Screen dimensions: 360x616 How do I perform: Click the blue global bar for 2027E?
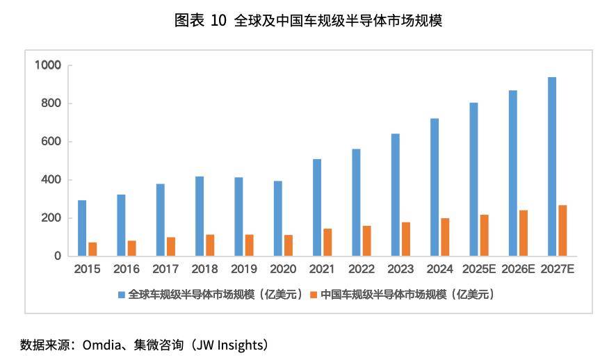[x=552, y=167]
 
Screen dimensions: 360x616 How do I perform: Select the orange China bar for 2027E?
[x=563, y=231]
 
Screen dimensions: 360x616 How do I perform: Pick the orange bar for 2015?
[x=92, y=249]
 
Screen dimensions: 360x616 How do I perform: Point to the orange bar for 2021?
[x=327, y=242]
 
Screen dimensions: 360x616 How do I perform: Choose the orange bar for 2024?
[x=445, y=237]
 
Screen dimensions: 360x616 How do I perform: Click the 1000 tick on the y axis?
[x=49, y=65]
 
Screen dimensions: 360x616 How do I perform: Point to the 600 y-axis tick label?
[x=53, y=142]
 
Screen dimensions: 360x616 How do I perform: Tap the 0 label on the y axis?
[x=58, y=256]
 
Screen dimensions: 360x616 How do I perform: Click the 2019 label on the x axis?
[x=243, y=269]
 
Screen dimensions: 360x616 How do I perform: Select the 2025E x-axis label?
[x=478, y=269]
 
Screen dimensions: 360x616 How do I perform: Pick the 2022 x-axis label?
[x=361, y=269]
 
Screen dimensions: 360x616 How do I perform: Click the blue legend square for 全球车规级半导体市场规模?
[x=122, y=295]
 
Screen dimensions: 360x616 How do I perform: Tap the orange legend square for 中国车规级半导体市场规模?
[x=313, y=295]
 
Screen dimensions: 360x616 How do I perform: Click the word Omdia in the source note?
[x=103, y=345]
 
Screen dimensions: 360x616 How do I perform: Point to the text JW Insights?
[x=226, y=345]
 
